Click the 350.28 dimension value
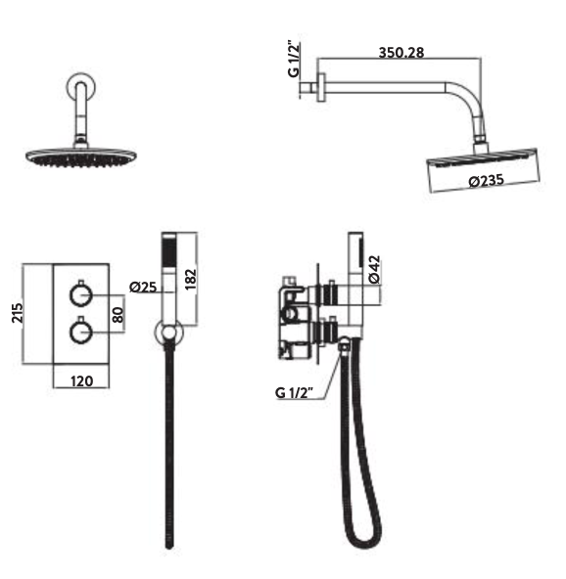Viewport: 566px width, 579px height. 401,53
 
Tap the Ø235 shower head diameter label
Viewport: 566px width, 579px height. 486,181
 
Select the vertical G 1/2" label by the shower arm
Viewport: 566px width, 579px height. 294,60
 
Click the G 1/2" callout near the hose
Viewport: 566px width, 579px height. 294,392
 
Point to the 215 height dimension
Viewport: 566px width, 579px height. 18,313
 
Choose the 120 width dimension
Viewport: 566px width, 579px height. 81,380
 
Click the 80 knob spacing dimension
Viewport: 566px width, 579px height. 118,315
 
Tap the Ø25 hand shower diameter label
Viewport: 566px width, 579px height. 143,287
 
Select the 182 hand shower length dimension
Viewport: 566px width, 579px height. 190,279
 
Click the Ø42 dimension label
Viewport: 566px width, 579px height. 374,269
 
